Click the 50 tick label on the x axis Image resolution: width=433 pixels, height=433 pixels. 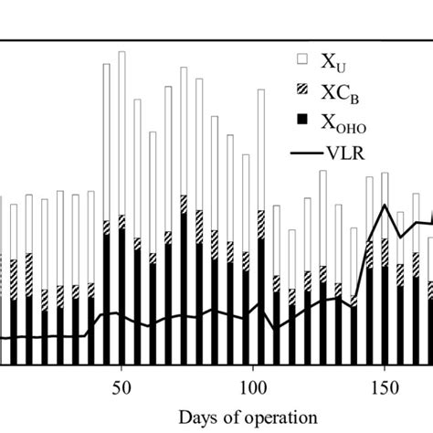pyautogui.click(x=121, y=386)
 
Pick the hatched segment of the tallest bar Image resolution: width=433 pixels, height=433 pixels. pyautogui.click(x=121, y=222)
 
